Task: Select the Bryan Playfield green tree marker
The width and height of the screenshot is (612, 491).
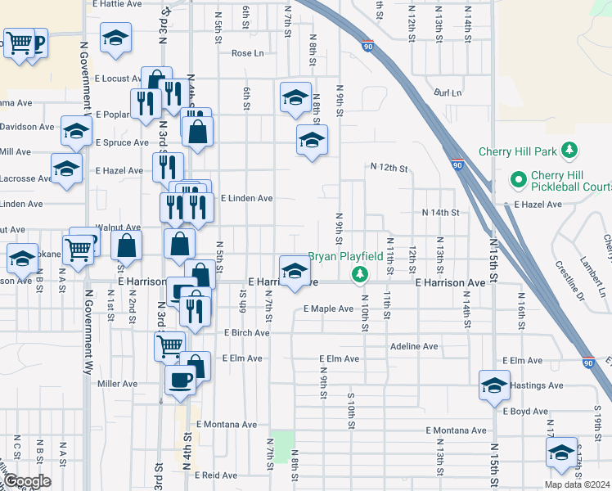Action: click(358, 273)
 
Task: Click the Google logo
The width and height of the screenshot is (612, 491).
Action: click(27, 481)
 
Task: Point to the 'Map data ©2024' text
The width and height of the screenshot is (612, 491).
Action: click(576, 484)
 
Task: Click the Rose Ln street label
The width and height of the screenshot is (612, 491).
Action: click(248, 53)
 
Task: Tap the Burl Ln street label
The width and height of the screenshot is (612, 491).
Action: click(448, 93)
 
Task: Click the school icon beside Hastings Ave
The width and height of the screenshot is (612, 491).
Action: click(495, 384)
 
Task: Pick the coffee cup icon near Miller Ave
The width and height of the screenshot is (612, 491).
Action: click(181, 378)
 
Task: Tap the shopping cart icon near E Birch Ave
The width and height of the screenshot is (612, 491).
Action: click(169, 345)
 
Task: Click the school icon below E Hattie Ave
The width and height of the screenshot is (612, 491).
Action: click(116, 37)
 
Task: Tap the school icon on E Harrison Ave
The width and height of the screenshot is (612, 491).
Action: click(295, 270)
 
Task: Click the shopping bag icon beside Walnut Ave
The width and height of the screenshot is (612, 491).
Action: click(127, 244)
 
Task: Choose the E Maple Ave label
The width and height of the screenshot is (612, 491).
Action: click(328, 309)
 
